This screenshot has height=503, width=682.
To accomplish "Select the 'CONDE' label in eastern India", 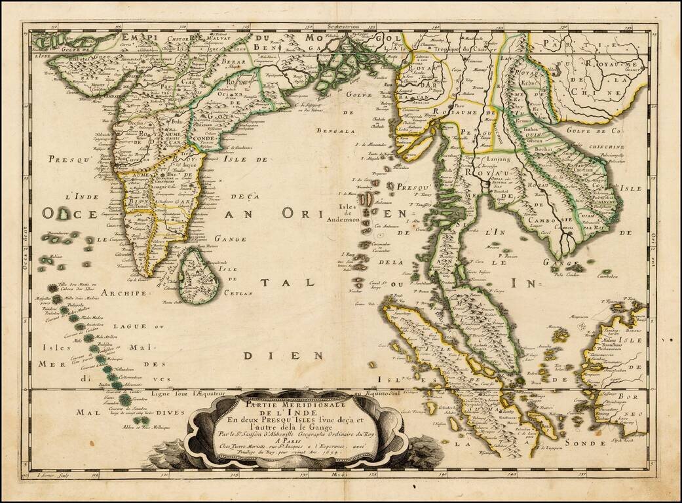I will coord(205,138).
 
